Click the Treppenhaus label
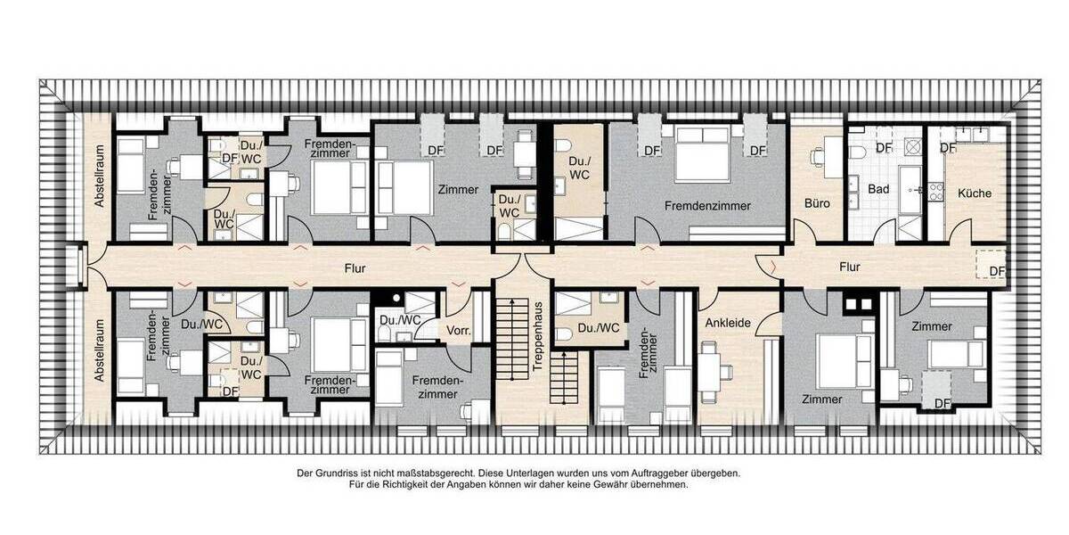click(x=537, y=339)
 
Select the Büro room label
click(x=817, y=203)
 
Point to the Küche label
click(x=975, y=193)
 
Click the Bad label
click(x=877, y=189)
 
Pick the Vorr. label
click(x=459, y=331)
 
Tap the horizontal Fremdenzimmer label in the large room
click(x=707, y=205)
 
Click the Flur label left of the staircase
click(x=355, y=266)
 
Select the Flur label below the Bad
click(x=849, y=266)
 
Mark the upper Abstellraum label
click(x=100, y=177)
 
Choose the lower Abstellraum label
click(x=100, y=353)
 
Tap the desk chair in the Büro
click(x=816, y=157)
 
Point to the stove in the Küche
click(x=936, y=191)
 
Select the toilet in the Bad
click(x=858, y=153)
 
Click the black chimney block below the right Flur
click(x=856, y=304)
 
